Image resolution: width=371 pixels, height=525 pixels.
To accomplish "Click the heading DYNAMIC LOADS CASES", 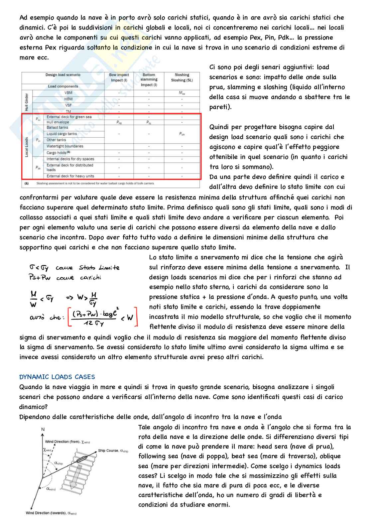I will click(57, 377).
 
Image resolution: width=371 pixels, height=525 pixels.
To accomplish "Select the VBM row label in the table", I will click(68, 93).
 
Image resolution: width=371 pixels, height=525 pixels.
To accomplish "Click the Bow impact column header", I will click(119, 77).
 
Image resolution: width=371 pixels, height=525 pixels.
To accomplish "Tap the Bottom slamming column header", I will click(149, 79).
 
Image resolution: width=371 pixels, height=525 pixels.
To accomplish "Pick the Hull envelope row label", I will click(58, 122).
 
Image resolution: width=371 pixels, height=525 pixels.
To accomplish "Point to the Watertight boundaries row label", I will click(65, 146).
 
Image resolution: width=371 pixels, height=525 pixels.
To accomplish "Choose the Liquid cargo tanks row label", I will click(62, 134).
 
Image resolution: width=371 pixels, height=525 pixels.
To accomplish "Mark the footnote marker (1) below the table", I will click(26, 183).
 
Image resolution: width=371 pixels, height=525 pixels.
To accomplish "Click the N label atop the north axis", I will click(43, 430).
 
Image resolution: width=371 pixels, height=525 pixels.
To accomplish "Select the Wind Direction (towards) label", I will click(51, 513).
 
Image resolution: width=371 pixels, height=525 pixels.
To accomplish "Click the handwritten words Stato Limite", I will click(99, 268).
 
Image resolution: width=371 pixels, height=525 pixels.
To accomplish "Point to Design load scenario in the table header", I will click(63, 75).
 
